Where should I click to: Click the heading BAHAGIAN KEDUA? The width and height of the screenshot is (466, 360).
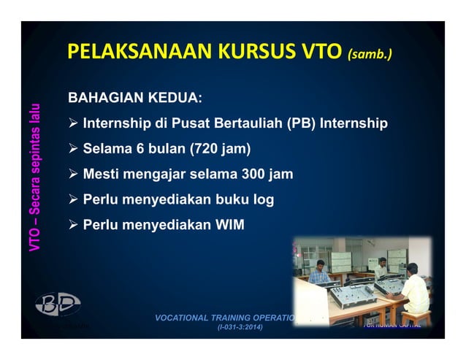136,98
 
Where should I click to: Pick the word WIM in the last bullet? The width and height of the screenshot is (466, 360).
230,225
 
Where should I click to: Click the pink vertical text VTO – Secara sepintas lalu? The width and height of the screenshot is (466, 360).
35,179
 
